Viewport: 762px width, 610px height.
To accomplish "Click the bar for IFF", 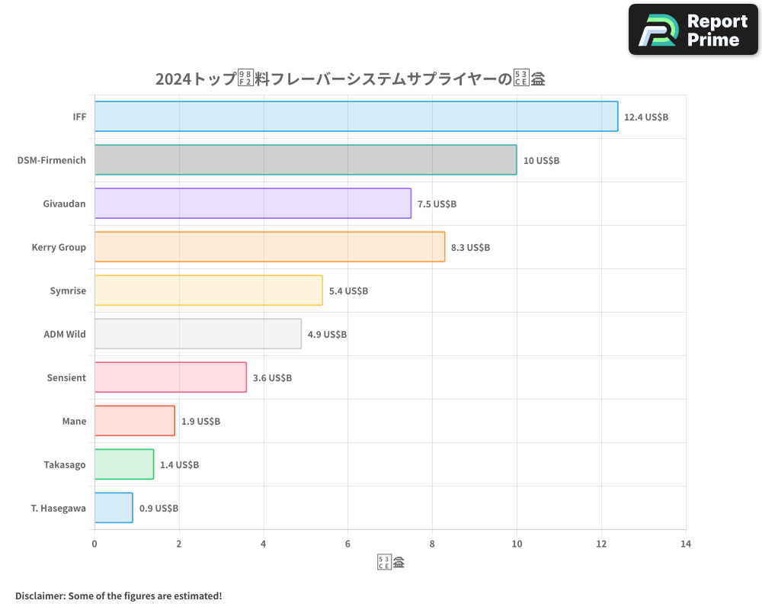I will (x=356, y=117).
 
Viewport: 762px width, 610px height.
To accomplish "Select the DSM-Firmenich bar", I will (x=306, y=160).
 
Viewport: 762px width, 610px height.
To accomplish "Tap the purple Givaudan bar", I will (x=253, y=204).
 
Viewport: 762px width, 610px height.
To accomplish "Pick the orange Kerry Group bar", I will (x=270, y=247).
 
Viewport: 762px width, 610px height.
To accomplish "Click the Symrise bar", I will (x=209, y=291).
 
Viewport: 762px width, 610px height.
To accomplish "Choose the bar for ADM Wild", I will (x=198, y=334).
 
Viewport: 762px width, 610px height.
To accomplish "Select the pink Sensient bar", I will (x=171, y=377).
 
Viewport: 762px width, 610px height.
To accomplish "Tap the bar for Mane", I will (x=135, y=421).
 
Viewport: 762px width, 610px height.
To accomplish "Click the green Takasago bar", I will (x=124, y=464).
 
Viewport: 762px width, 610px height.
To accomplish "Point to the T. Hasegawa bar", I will (x=114, y=508).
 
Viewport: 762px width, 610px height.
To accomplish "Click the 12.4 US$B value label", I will (x=645, y=117).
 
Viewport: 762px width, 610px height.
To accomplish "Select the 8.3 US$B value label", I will (x=470, y=248).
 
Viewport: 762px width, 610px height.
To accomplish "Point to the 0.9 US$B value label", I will (x=158, y=509).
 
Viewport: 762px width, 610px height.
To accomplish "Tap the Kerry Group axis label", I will (x=59, y=247).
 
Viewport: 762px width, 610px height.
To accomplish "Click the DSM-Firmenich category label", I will (x=52, y=160).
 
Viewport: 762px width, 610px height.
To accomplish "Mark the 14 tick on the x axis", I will (x=686, y=544).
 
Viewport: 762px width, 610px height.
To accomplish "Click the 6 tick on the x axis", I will (x=348, y=544).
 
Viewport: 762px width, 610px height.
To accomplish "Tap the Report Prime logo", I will (x=693, y=30).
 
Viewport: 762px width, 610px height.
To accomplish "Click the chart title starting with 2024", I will (x=350, y=79).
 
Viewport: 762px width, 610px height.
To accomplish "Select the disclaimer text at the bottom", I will (x=119, y=596).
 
